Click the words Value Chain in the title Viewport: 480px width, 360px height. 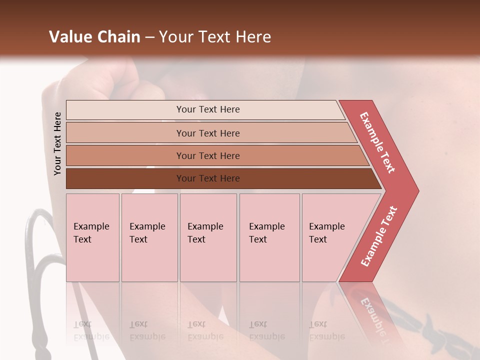tap(94, 37)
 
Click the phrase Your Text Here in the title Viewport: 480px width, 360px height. tap(215, 37)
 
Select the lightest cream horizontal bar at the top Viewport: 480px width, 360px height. tap(125, 110)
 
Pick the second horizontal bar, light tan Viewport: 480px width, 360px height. tap(125, 133)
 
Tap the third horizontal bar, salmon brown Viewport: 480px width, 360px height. tap(125, 155)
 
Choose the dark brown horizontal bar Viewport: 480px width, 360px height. tap(125, 178)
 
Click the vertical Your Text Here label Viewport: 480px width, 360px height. tap(57, 143)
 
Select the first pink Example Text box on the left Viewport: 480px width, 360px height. tap(92, 237)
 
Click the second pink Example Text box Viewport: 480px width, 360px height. tap(149, 237)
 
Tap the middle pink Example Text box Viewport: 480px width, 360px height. tap(208, 237)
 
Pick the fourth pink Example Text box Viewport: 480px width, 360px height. tap(269, 237)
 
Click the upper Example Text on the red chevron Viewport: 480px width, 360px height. tap(377, 142)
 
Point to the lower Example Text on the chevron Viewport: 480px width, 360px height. tap(379, 236)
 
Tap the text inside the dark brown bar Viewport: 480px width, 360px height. tap(208, 178)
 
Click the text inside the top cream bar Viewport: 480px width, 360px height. tap(208, 109)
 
